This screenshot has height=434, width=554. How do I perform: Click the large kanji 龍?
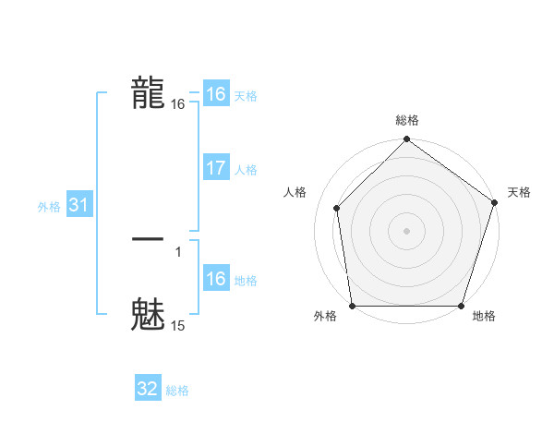coord(148,92)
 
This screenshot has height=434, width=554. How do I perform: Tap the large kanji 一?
coord(148,239)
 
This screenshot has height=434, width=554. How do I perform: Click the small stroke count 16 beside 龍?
coord(178,105)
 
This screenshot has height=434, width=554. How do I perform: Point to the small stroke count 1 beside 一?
coord(178,251)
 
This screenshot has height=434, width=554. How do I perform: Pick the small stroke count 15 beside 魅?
coord(178,326)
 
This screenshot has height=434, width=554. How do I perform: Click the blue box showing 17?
coord(216,169)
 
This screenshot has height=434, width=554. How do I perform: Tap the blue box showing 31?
coord(78,206)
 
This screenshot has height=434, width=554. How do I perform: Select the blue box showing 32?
coord(148,390)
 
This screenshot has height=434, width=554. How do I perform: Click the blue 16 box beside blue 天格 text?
coord(216,94)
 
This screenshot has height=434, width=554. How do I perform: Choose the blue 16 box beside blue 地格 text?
coord(216,280)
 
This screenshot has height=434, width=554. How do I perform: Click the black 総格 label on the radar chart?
coord(407,120)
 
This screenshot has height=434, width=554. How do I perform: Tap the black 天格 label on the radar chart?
coord(519,192)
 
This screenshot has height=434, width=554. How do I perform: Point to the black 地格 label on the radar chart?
coord(484,317)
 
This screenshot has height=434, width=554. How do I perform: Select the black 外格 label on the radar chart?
coord(325,317)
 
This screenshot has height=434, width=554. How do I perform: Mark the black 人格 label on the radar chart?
coord(295,192)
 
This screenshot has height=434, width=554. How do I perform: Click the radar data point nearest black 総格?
coord(406,141)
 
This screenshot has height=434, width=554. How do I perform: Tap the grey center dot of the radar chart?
coord(406,230)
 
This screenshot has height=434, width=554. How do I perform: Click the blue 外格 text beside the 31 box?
coord(49,207)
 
